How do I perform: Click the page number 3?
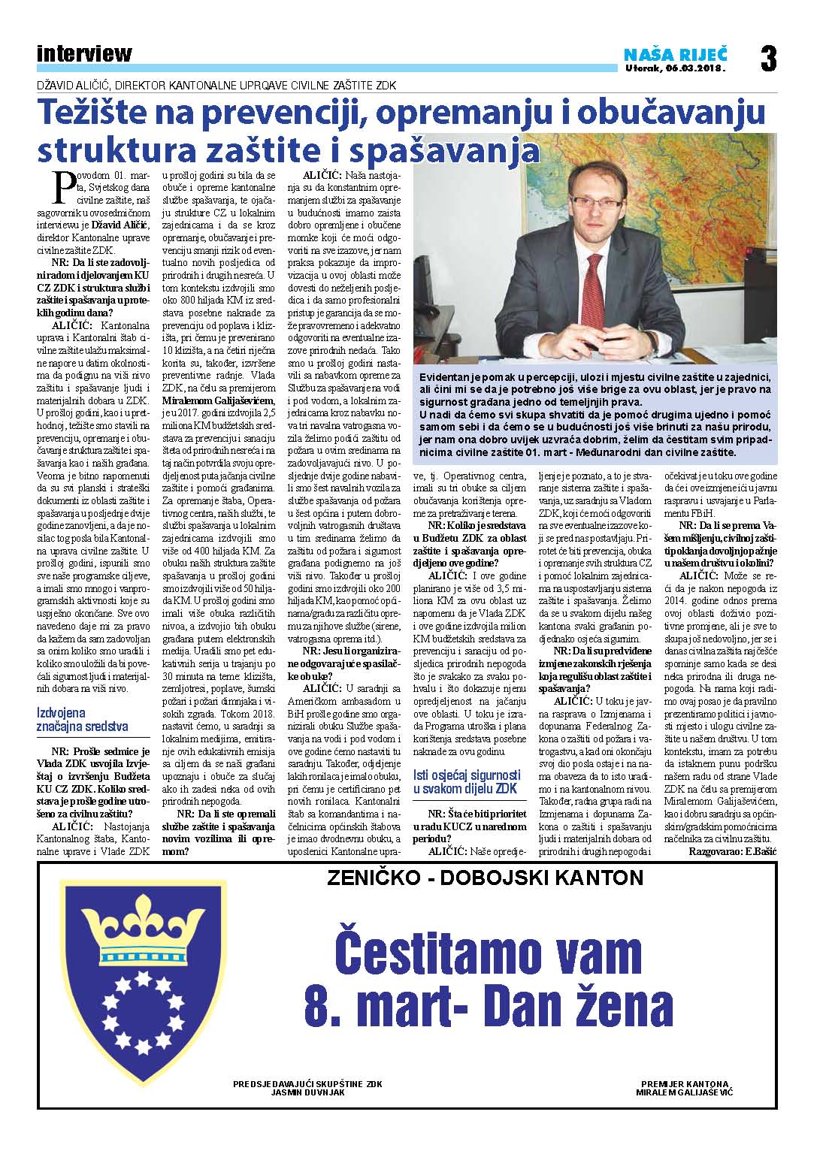point(767,59)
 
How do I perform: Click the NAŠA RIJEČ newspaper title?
point(676,53)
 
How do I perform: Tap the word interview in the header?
point(83,53)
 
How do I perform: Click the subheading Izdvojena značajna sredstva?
point(83,719)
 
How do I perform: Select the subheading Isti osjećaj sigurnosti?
point(467,781)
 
